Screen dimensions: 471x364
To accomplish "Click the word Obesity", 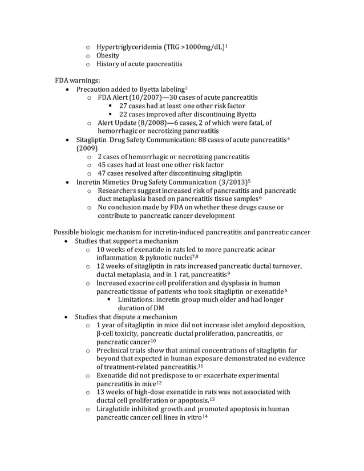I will coord(108,55).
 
